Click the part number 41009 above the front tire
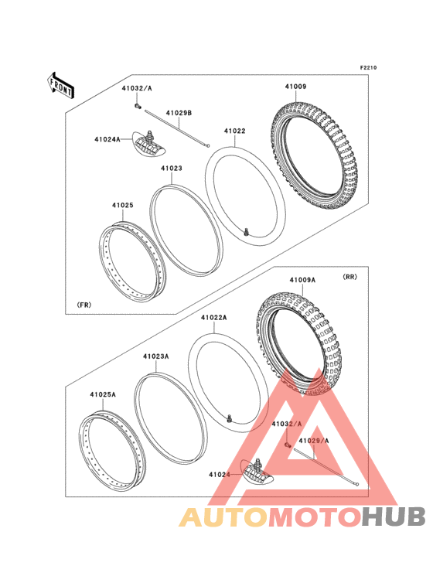[295, 87]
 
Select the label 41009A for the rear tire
[302, 280]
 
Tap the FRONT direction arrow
[60, 86]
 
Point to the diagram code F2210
[368, 67]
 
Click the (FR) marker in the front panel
[84, 305]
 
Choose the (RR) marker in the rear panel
[349, 277]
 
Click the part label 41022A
[214, 318]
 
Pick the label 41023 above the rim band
[172, 169]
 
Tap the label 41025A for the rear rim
[103, 394]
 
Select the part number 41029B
[179, 113]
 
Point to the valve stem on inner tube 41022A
[229, 419]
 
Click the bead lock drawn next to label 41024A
[148, 143]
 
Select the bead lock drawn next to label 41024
[257, 472]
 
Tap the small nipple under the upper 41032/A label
[137, 106]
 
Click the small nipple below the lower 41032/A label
[288, 445]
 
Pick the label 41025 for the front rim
[123, 205]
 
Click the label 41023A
[156, 356]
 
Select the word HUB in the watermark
[394, 517]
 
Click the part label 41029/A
[314, 441]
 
